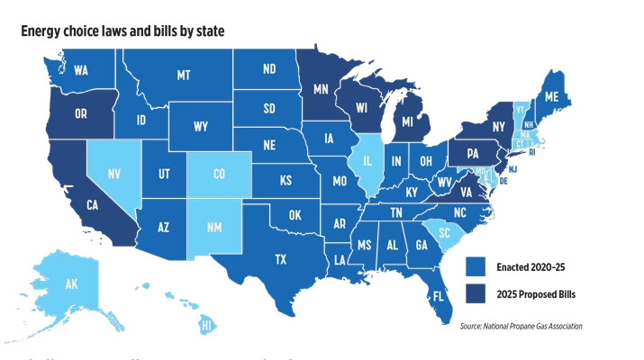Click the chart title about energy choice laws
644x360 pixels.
(x=122, y=31)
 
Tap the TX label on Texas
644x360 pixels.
(x=281, y=259)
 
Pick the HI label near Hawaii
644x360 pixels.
(x=205, y=324)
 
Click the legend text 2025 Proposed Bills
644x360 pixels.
(x=537, y=292)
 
